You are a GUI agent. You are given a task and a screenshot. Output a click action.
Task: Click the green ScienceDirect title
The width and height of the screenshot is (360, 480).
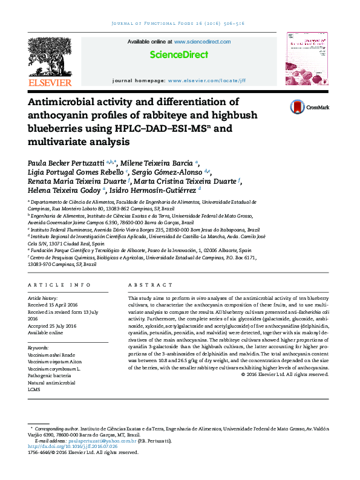point(178,55)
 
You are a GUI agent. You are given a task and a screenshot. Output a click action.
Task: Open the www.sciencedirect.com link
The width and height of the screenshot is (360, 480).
point(202,42)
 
